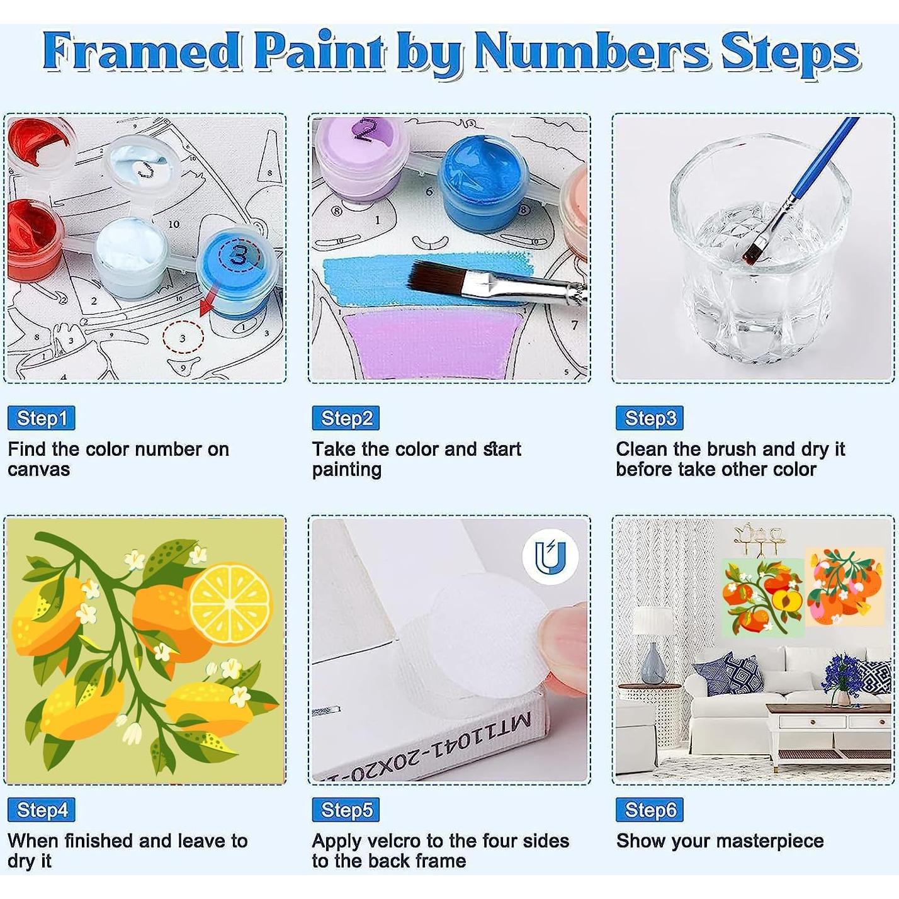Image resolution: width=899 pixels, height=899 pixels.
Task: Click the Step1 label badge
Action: click(42, 418)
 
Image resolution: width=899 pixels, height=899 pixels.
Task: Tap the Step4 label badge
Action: click(42, 810)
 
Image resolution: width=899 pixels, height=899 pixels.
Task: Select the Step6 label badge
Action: click(650, 810)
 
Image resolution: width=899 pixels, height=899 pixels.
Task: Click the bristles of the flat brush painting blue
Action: click(434, 278)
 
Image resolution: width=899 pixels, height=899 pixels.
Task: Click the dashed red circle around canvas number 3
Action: click(183, 338)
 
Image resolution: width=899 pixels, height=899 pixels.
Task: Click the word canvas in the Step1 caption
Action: click(39, 470)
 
